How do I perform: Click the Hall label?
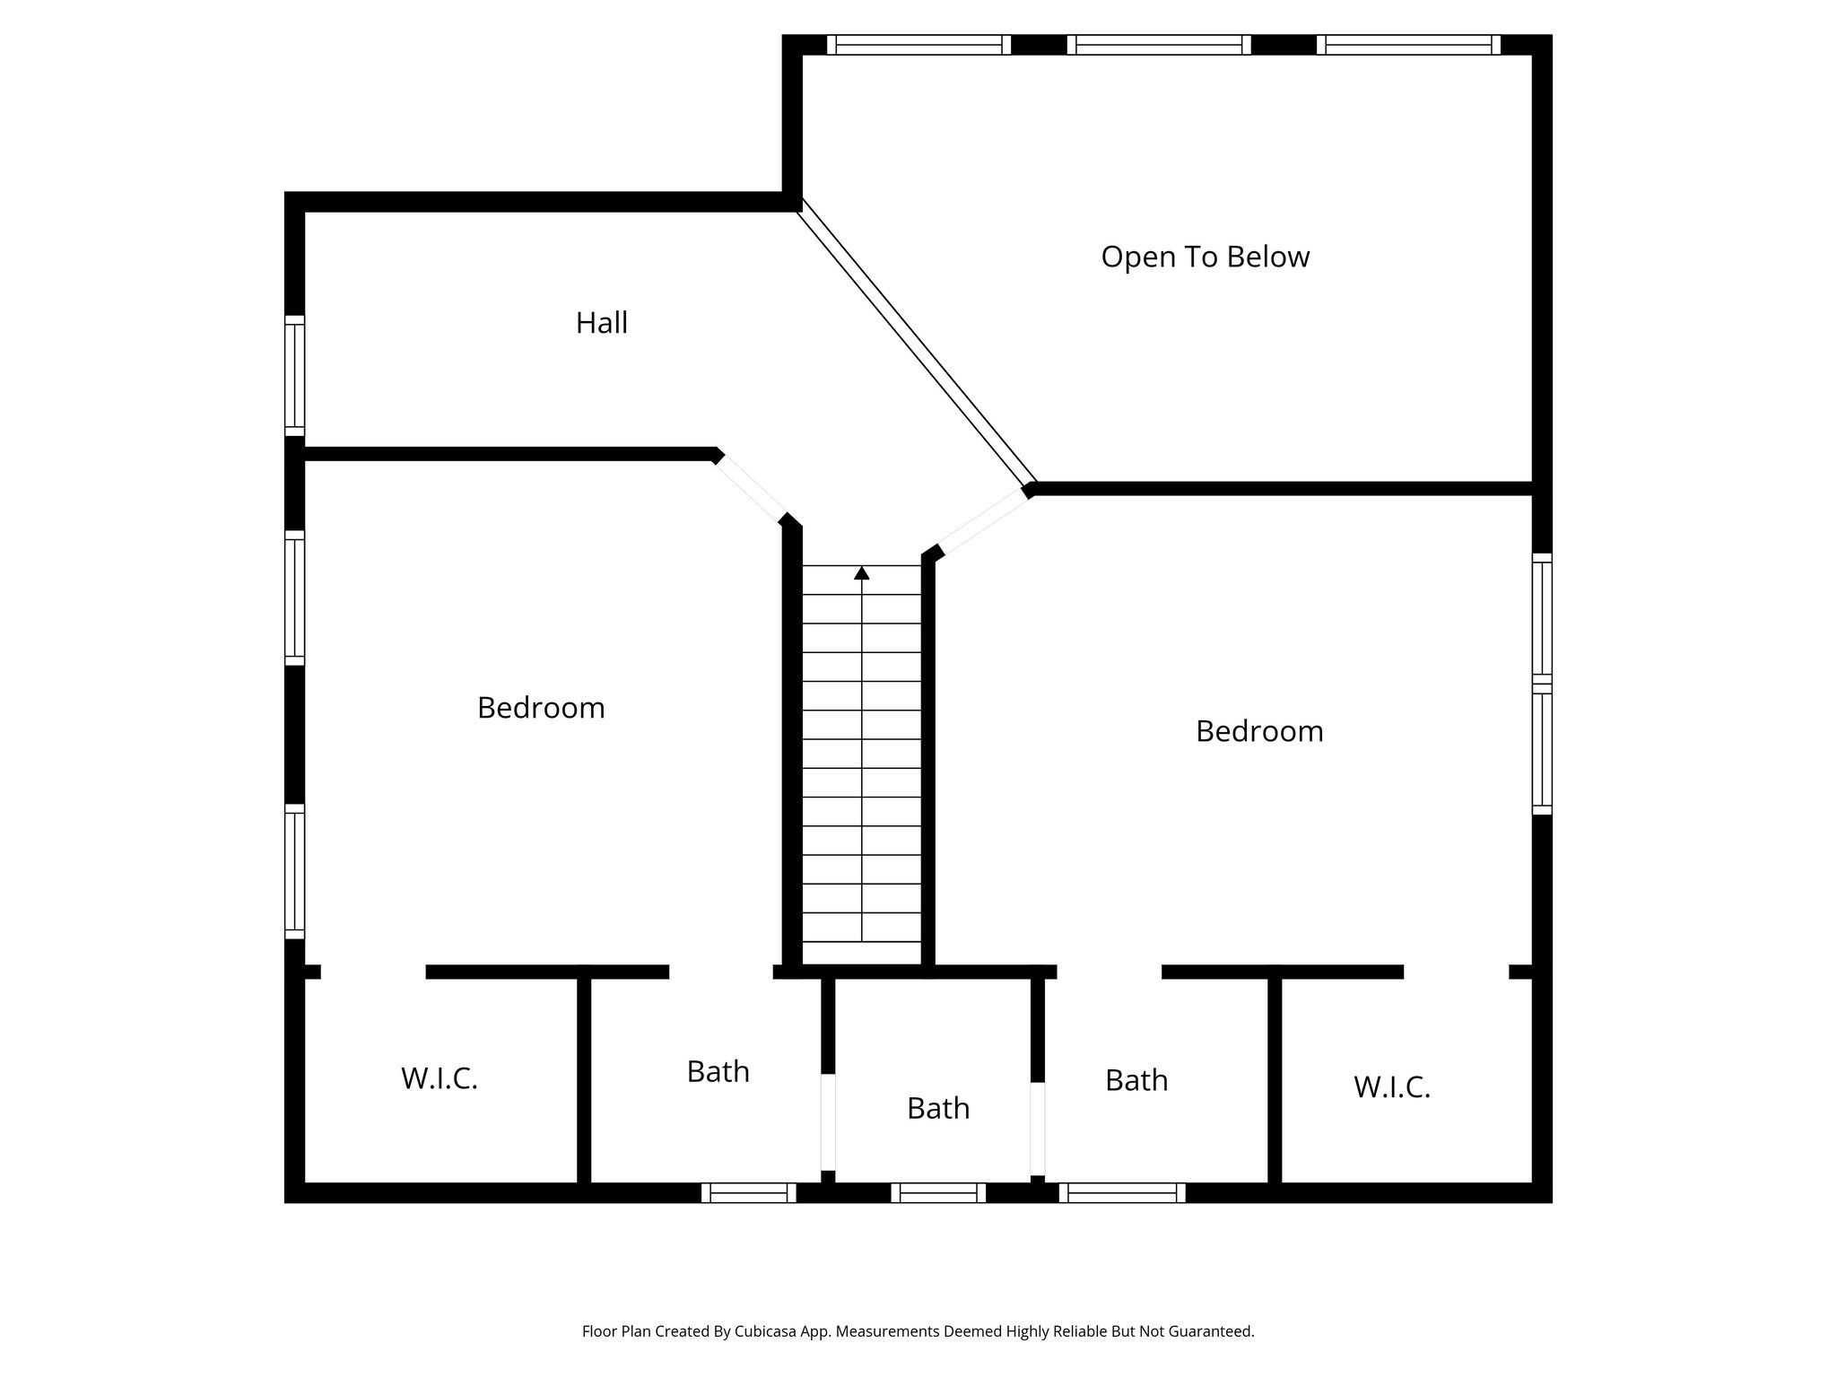pyautogui.click(x=601, y=323)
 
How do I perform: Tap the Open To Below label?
pyautogui.click(x=1205, y=257)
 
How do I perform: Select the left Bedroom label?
pyautogui.click(x=541, y=708)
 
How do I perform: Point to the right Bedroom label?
pyautogui.click(x=1258, y=731)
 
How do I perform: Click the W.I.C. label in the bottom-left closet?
pyautogui.click(x=439, y=1078)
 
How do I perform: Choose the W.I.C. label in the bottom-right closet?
pyautogui.click(x=1391, y=1087)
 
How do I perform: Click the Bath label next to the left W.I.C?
pyautogui.click(x=718, y=1071)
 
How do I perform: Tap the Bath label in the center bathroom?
pyautogui.click(x=938, y=1108)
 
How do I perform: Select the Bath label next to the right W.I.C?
pyautogui.click(x=1136, y=1080)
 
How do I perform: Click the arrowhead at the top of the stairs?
pyautogui.click(x=862, y=572)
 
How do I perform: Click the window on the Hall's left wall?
pyautogui.click(x=294, y=375)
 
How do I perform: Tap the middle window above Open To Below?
pyautogui.click(x=1159, y=45)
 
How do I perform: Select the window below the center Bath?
pyautogui.click(x=938, y=1192)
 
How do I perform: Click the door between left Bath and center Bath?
pyautogui.click(x=828, y=1121)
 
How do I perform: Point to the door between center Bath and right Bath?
pyautogui.click(x=1038, y=1129)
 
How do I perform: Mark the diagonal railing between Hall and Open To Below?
pyautogui.click(x=918, y=342)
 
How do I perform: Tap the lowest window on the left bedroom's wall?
pyautogui.click(x=294, y=871)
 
